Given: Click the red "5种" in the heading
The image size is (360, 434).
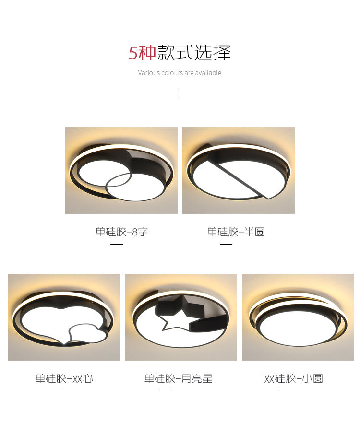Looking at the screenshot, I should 143,53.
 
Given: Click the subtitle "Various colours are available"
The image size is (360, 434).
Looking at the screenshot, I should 180,73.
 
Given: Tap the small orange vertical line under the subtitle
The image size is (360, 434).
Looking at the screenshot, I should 180,95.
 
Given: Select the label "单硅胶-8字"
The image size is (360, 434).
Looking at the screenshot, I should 121,232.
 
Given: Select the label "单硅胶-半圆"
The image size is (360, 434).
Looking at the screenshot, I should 236,232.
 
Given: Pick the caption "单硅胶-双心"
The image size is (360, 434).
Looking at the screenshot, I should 64,379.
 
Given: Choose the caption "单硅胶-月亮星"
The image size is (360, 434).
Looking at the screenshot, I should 178,379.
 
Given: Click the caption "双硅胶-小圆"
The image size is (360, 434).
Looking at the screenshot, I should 293,379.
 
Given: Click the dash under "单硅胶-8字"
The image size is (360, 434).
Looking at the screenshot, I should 117,244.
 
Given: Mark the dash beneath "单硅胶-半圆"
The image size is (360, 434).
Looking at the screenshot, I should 226,244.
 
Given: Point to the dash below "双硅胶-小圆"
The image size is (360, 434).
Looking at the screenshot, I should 286,391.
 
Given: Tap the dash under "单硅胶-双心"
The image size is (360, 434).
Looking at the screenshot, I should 56,391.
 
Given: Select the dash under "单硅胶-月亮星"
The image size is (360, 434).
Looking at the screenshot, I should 166,391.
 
